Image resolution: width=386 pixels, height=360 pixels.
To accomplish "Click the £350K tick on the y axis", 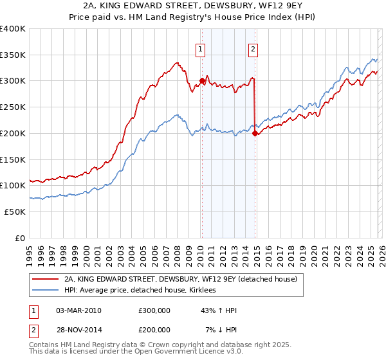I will [13, 55].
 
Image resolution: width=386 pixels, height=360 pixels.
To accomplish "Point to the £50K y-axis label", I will [15, 212].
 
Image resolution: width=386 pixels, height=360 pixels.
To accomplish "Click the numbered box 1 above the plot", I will [201, 48].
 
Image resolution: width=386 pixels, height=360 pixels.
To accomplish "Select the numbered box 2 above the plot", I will [253, 48].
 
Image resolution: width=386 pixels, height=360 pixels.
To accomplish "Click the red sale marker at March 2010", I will [201, 81].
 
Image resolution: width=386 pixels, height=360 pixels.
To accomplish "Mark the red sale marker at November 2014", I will [255, 133].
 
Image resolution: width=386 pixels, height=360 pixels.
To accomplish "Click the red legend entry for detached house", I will [180, 280].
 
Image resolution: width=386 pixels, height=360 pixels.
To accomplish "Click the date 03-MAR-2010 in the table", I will [78, 310].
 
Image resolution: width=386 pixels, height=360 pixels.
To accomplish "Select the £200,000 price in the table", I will [154, 329].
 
